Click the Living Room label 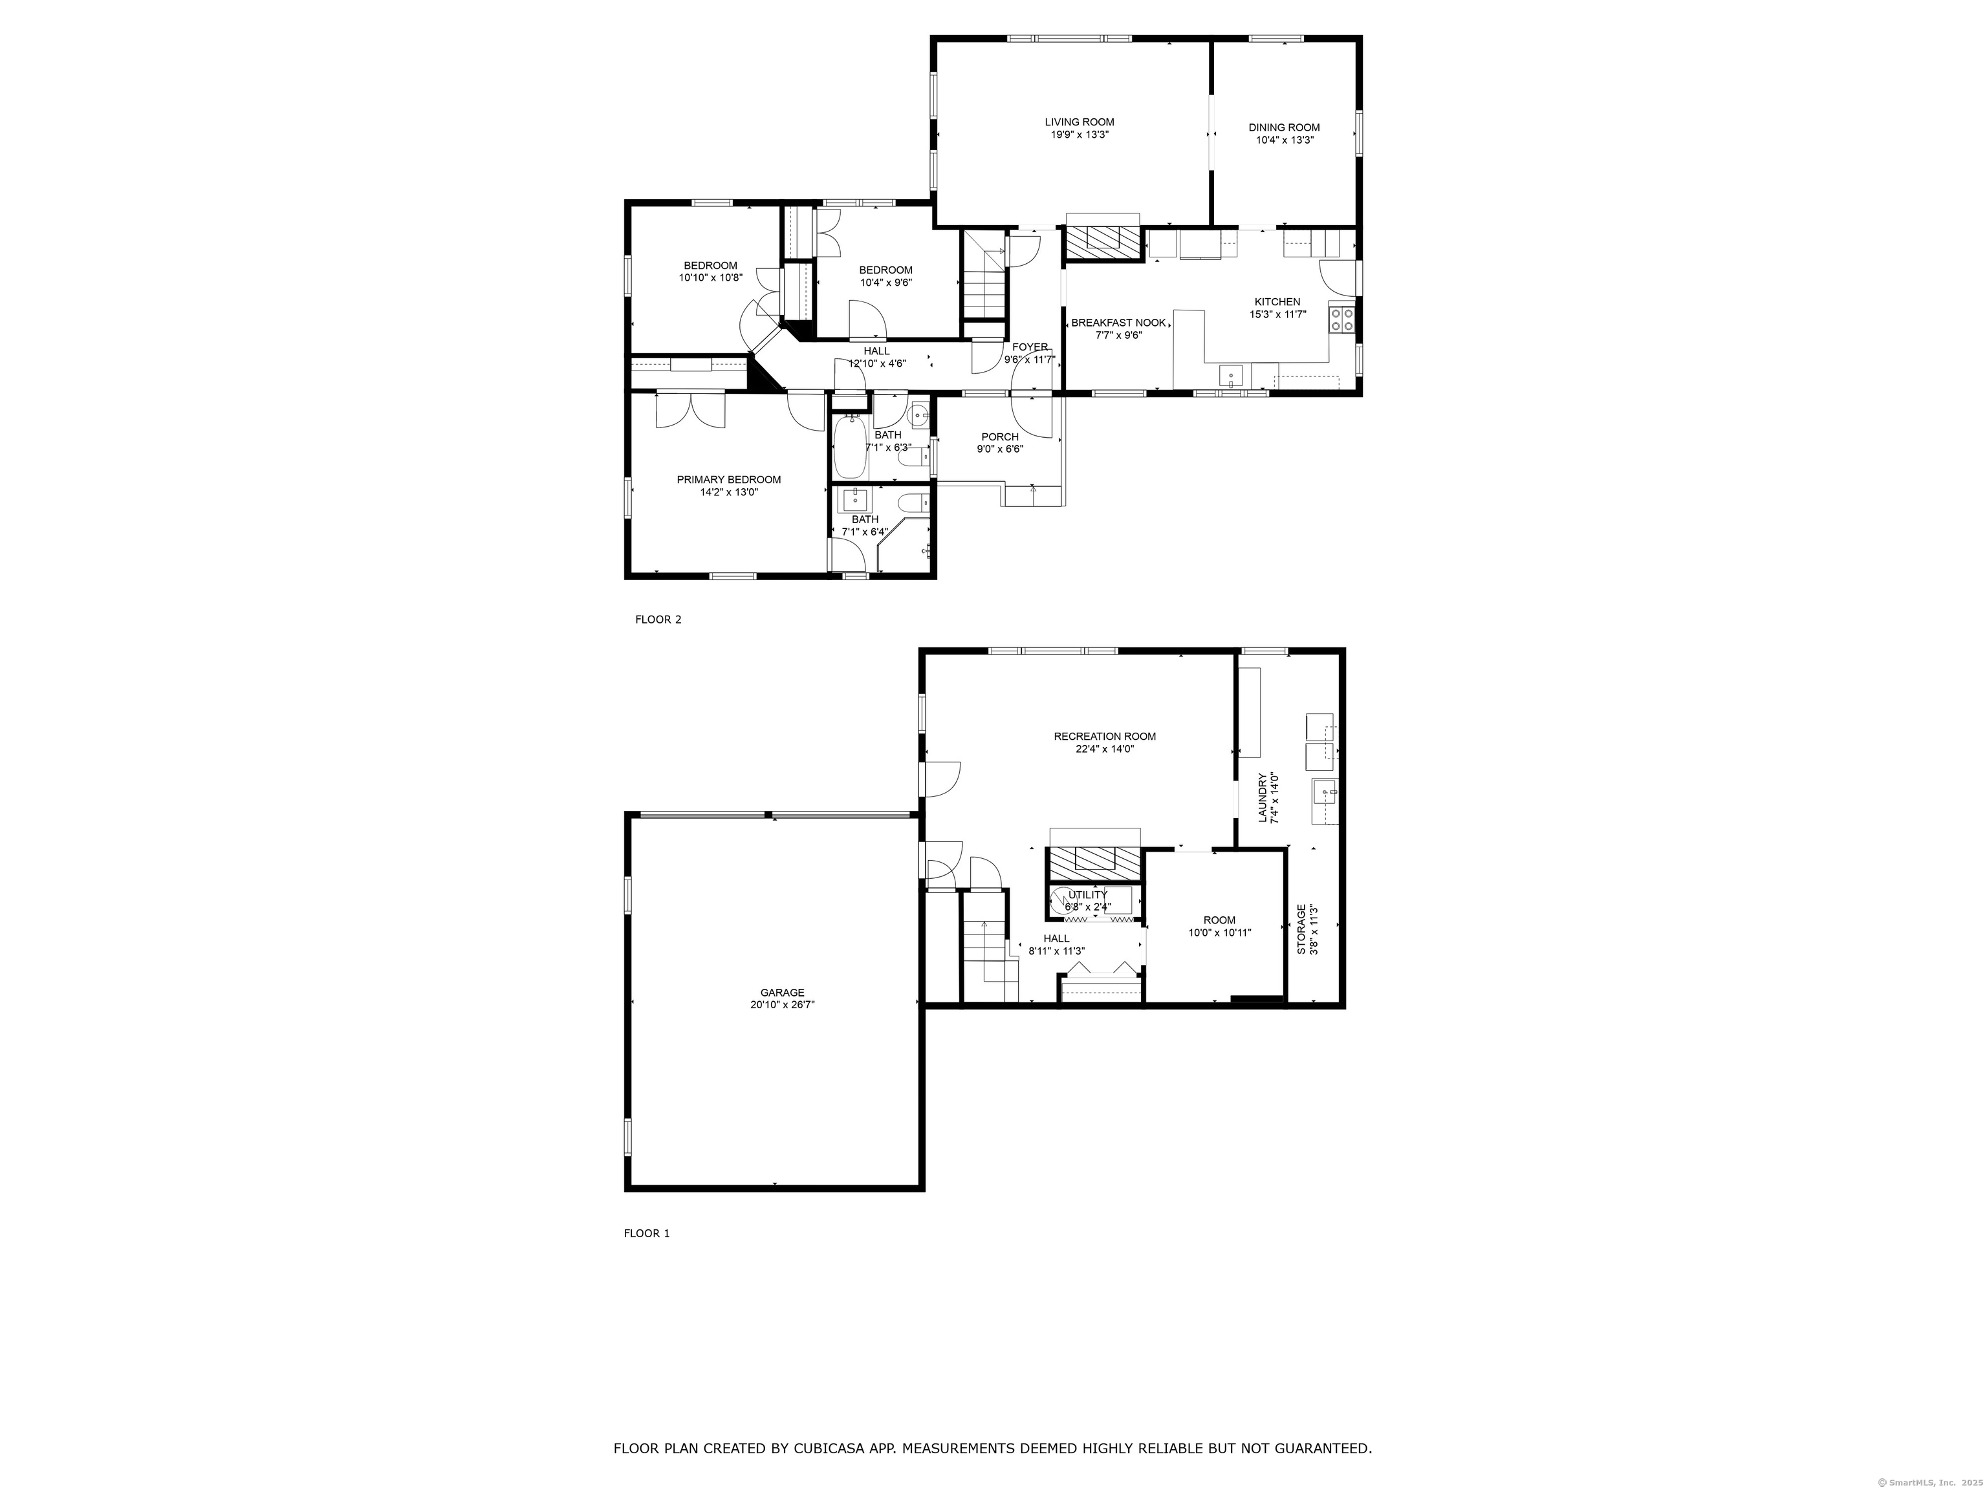[x=1079, y=122]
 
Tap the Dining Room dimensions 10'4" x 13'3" [x=1285, y=140]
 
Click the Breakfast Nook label [x=1118, y=323]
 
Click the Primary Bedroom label [x=728, y=480]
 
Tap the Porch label [x=1000, y=437]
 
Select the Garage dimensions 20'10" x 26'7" [x=783, y=1005]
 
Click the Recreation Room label [x=1105, y=737]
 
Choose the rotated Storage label [x=1301, y=929]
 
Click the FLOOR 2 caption [x=658, y=620]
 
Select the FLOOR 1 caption [x=647, y=1233]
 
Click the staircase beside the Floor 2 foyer [x=984, y=279]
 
